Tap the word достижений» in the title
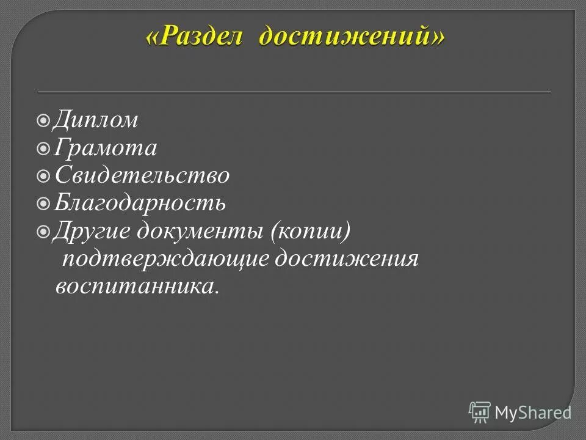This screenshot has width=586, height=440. click(x=351, y=36)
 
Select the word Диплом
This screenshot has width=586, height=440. click(x=95, y=120)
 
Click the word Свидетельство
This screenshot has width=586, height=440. click(x=142, y=176)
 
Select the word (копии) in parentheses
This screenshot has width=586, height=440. click(x=311, y=232)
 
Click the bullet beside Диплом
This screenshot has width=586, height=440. click(x=43, y=121)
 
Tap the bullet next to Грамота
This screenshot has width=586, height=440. click(x=43, y=148)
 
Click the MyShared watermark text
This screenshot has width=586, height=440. click(x=533, y=413)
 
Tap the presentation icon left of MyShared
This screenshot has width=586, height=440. click(x=480, y=413)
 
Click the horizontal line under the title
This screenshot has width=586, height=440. click(x=294, y=92)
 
